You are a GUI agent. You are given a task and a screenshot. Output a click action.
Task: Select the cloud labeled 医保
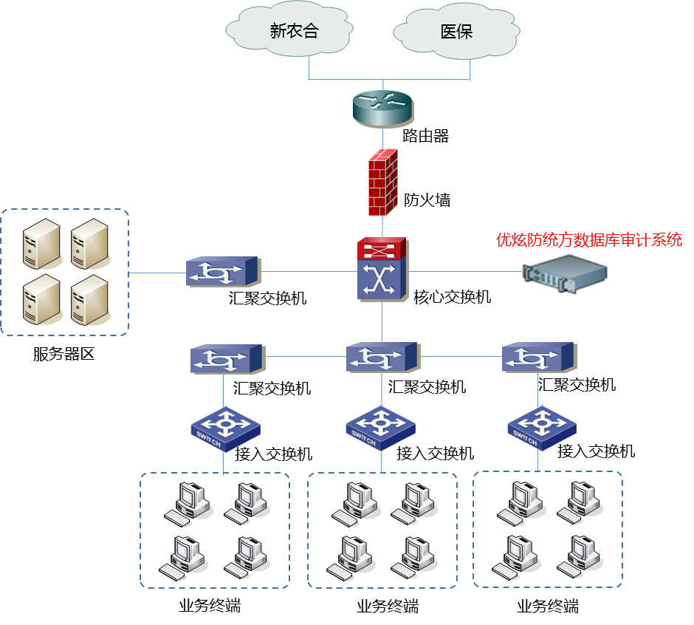click(x=456, y=32)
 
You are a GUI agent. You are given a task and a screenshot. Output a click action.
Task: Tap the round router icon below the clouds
click(x=383, y=109)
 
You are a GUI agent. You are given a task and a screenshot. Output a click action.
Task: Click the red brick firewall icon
click(x=383, y=182)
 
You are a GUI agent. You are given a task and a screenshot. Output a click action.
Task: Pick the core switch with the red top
click(x=382, y=269)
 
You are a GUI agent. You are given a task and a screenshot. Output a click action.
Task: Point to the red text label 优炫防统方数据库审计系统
click(x=588, y=240)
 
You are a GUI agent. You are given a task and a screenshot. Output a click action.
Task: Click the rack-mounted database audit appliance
click(x=565, y=271)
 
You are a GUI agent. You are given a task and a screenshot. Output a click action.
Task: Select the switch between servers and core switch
click(x=223, y=272)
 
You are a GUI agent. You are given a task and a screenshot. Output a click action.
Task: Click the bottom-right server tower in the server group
click(x=89, y=300)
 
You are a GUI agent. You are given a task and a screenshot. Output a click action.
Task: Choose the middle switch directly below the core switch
click(x=382, y=358)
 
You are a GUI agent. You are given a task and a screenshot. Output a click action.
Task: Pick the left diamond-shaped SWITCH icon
click(x=225, y=428)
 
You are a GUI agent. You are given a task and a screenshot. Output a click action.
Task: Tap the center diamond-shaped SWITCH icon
click(x=380, y=427)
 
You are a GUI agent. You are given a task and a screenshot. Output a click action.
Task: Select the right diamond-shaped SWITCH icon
click(x=542, y=427)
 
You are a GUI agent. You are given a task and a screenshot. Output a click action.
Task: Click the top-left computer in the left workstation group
click(x=188, y=503)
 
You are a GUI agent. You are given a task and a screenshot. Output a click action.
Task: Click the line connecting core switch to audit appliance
click(x=465, y=271)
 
